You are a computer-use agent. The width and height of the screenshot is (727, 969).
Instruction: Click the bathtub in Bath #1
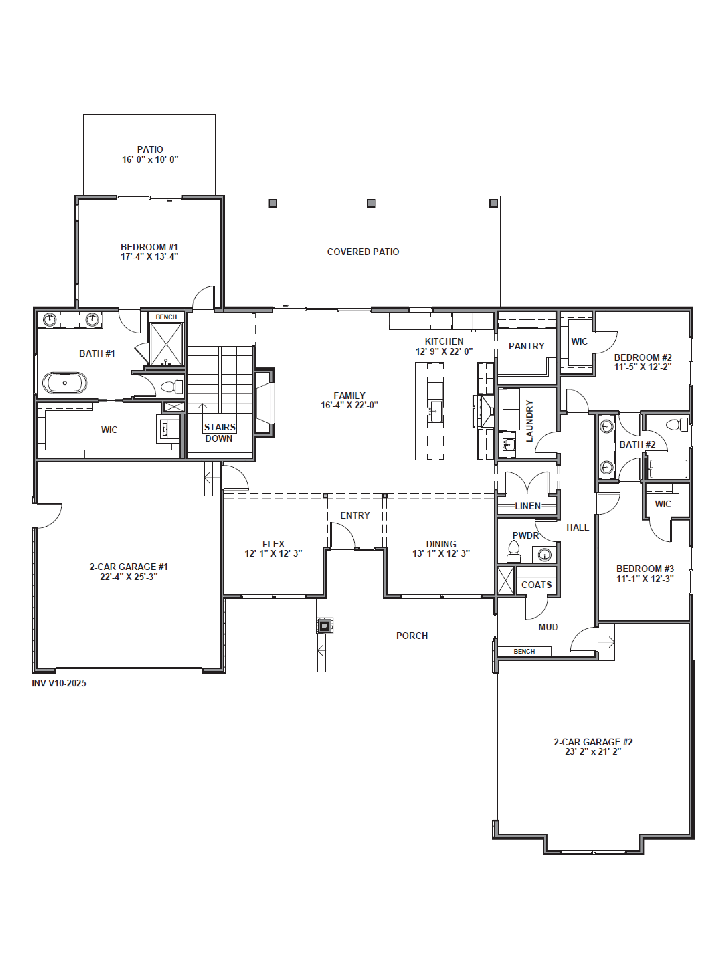(65, 383)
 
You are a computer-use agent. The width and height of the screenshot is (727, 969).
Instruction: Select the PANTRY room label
(526, 346)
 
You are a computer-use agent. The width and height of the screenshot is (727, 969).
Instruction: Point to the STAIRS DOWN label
(219, 432)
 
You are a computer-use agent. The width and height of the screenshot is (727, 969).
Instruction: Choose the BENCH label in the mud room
(524, 651)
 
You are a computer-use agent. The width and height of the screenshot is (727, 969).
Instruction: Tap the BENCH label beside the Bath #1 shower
(166, 317)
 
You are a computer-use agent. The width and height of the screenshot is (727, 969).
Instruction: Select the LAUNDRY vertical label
(529, 420)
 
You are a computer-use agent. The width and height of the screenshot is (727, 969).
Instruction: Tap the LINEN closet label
(528, 506)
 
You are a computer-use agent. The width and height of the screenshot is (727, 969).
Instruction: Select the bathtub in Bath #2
(668, 469)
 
